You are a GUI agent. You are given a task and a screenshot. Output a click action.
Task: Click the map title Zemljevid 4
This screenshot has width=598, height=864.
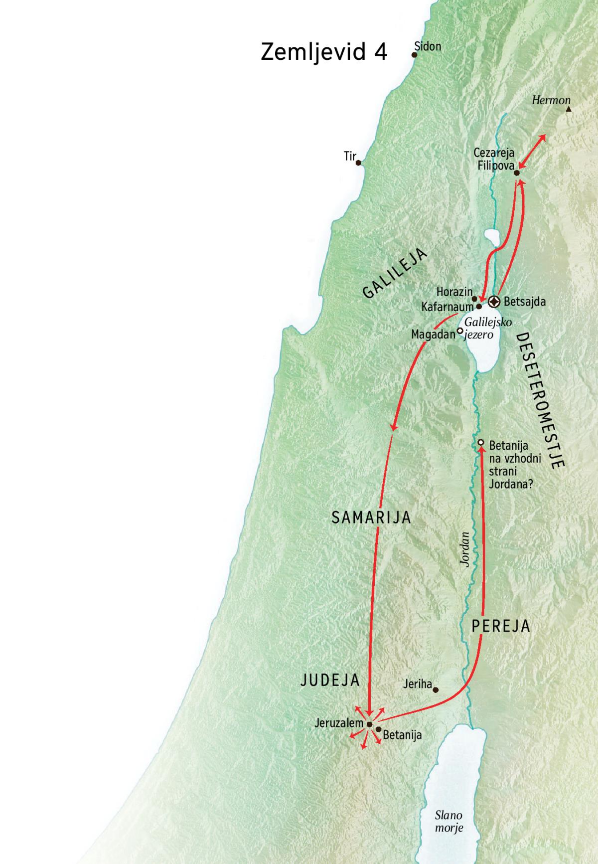coord(324,52)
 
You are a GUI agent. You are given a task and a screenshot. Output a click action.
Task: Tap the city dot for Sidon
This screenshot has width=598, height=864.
coord(414,54)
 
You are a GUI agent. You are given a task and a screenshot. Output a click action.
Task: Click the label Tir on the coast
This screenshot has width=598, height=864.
coord(350,157)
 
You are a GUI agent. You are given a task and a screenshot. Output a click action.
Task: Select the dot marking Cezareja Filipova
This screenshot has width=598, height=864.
coord(517,173)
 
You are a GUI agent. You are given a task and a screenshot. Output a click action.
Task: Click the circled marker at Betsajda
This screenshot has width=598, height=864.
coord(494,302)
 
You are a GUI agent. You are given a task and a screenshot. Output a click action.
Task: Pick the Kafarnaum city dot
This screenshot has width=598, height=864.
coord(479,307)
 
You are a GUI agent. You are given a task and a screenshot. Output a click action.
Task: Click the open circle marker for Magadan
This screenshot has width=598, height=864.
coord(460,330)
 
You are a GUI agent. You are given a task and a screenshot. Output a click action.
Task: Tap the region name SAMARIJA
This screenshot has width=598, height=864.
coord(371,518)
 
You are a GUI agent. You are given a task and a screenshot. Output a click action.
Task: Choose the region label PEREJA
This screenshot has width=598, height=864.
coord(501,626)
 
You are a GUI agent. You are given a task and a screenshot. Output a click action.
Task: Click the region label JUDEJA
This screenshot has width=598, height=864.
coord(330,681)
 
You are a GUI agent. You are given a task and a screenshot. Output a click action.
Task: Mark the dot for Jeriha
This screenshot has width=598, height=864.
coord(436,690)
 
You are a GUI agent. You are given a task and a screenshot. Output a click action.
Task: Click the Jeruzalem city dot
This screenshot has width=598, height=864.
coord(369,724)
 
